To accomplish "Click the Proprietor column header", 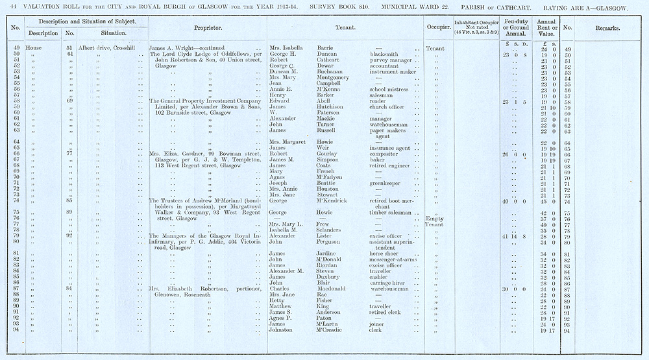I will coord(208,29).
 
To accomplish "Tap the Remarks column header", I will coord(606,29).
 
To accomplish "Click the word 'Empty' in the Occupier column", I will coord(434,219).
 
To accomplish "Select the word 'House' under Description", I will coord(34,49).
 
